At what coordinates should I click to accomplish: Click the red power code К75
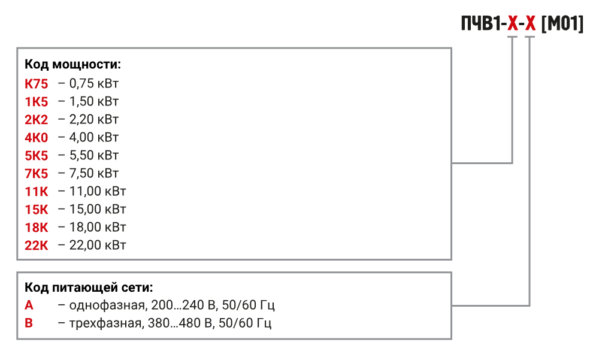point(37,83)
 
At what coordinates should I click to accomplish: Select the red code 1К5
point(37,101)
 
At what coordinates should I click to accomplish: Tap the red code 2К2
point(37,119)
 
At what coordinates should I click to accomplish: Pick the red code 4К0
point(37,137)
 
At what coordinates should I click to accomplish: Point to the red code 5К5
point(37,155)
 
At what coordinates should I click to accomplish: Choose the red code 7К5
point(37,173)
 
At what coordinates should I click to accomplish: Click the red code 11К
point(37,191)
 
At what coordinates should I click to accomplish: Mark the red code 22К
point(37,245)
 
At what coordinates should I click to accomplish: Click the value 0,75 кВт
point(94,83)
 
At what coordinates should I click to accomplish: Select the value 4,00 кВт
point(94,137)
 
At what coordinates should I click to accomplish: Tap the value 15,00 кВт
point(98,209)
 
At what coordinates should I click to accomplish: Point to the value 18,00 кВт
point(98,227)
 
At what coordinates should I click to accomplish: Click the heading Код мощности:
point(72,64)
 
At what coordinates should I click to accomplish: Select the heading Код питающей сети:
point(89,287)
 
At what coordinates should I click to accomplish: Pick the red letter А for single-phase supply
point(29,305)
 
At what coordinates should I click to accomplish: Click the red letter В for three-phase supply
point(29,323)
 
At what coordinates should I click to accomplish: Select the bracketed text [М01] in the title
point(562,24)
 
